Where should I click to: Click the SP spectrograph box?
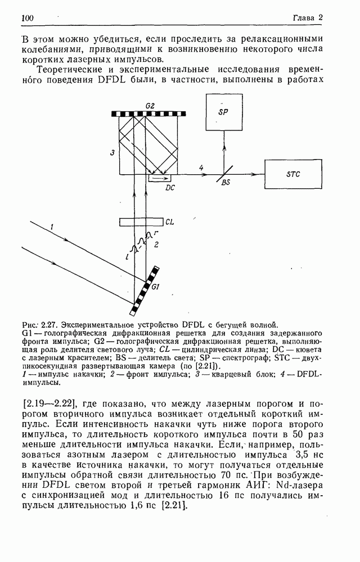coord(224,111)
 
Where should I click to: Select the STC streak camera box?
coord(293,174)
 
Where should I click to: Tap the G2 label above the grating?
coord(150,106)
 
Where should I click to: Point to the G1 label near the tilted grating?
coord(156,287)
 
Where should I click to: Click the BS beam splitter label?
coord(226,183)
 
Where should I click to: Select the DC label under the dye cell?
coord(170,188)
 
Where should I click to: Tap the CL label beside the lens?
coord(170,222)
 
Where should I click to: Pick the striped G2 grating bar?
coord(148,114)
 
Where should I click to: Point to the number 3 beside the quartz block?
coord(112,152)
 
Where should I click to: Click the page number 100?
coord(28,19)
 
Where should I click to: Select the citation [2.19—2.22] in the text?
coord(49,404)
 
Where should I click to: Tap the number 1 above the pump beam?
coord(51,226)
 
